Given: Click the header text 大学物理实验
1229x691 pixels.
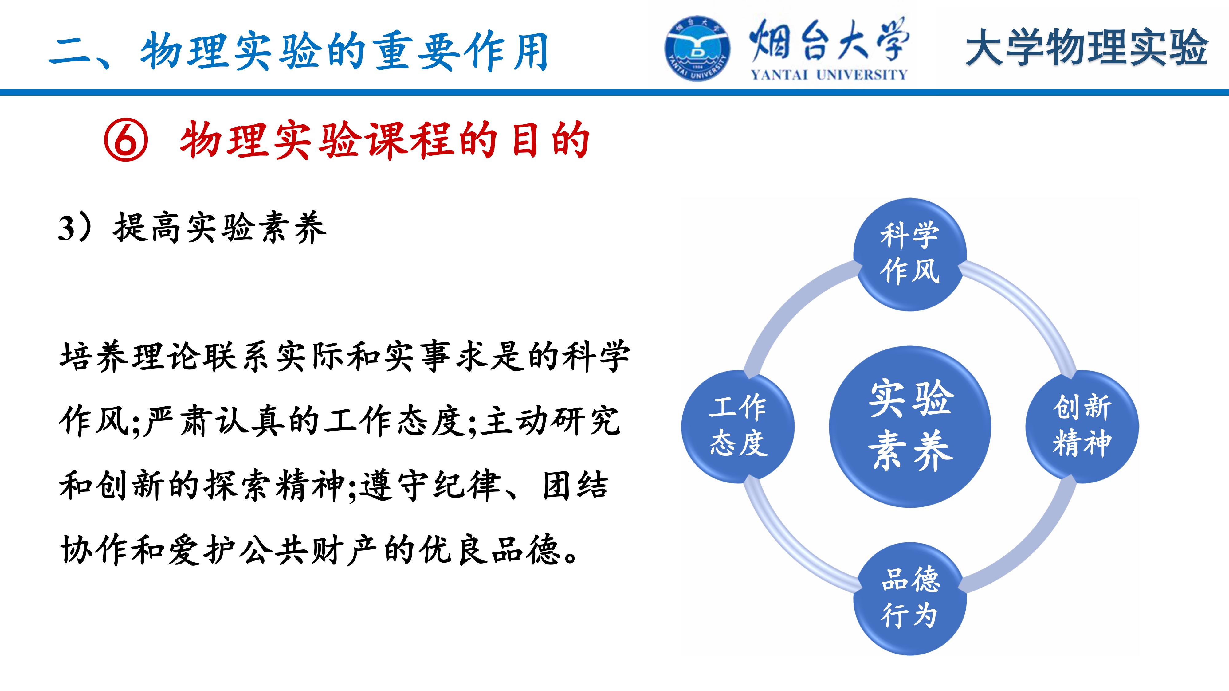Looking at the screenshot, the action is (x=1086, y=47).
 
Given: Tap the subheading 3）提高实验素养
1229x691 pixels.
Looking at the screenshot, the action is (x=192, y=228).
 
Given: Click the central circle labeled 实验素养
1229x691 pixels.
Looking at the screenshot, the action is (x=910, y=426).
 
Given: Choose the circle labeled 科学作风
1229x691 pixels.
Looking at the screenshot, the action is (x=910, y=255).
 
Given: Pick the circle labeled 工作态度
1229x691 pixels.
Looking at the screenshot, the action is (x=738, y=426).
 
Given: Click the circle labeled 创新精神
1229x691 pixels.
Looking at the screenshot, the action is (x=1082, y=426).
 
